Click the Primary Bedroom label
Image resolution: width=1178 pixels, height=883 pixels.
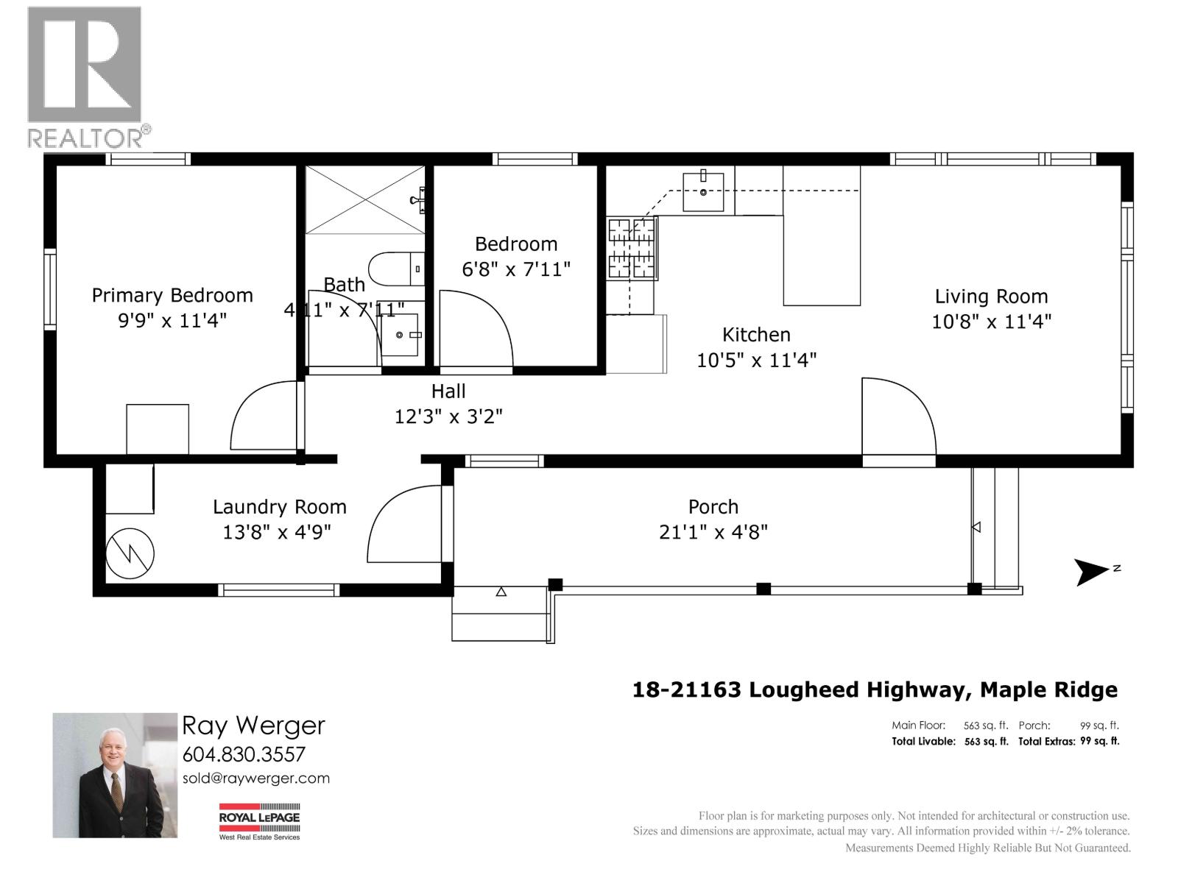click(x=172, y=296)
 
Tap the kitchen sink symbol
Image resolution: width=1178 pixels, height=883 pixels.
click(x=703, y=192)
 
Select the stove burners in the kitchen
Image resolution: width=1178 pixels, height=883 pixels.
click(x=632, y=249)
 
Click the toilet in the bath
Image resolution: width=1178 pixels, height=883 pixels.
click(x=396, y=269)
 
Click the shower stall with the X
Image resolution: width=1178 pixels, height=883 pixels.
click(x=365, y=199)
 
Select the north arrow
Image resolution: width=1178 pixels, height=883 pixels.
click(x=1093, y=572)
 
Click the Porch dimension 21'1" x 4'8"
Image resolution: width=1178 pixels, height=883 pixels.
click(x=713, y=532)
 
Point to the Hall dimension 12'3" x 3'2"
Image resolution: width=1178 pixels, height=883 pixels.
click(x=448, y=416)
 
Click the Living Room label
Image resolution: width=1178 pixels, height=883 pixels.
click(x=991, y=297)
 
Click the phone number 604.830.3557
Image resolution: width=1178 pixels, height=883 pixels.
click(x=244, y=754)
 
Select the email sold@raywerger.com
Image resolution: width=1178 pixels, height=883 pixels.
click(x=255, y=779)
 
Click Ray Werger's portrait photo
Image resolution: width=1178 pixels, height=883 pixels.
click(x=115, y=775)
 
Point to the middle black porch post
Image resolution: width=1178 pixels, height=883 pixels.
click(x=763, y=589)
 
